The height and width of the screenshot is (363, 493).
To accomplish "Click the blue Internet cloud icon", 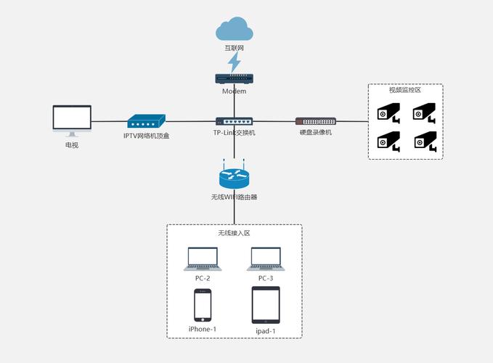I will click(234, 30).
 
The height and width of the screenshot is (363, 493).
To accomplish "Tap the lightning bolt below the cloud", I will click(234, 62).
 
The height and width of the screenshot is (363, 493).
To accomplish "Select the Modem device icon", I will click(234, 79).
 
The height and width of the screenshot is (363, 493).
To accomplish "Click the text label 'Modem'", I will click(234, 91).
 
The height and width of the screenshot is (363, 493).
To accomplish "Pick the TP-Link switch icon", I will click(234, 121).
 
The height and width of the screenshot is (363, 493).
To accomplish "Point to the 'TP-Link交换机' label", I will click(234, 134).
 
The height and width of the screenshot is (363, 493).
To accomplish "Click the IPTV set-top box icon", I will click(147, 121).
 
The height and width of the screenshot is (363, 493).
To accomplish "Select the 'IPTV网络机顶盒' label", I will click(146, 135).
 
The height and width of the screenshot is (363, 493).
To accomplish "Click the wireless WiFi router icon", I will click(234, 178).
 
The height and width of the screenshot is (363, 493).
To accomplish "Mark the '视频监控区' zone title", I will click(404, 90).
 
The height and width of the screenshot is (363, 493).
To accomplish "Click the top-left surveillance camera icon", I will click(388, 113).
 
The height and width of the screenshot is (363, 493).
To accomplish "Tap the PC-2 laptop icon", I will click(203, 258).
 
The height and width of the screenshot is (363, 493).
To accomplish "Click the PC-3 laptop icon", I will click(266, 258).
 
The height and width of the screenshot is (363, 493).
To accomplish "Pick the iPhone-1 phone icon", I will click(203, 305).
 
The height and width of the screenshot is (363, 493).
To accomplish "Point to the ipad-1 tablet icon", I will click(266, 305).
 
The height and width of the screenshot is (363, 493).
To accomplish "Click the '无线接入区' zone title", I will click(234, 233).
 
